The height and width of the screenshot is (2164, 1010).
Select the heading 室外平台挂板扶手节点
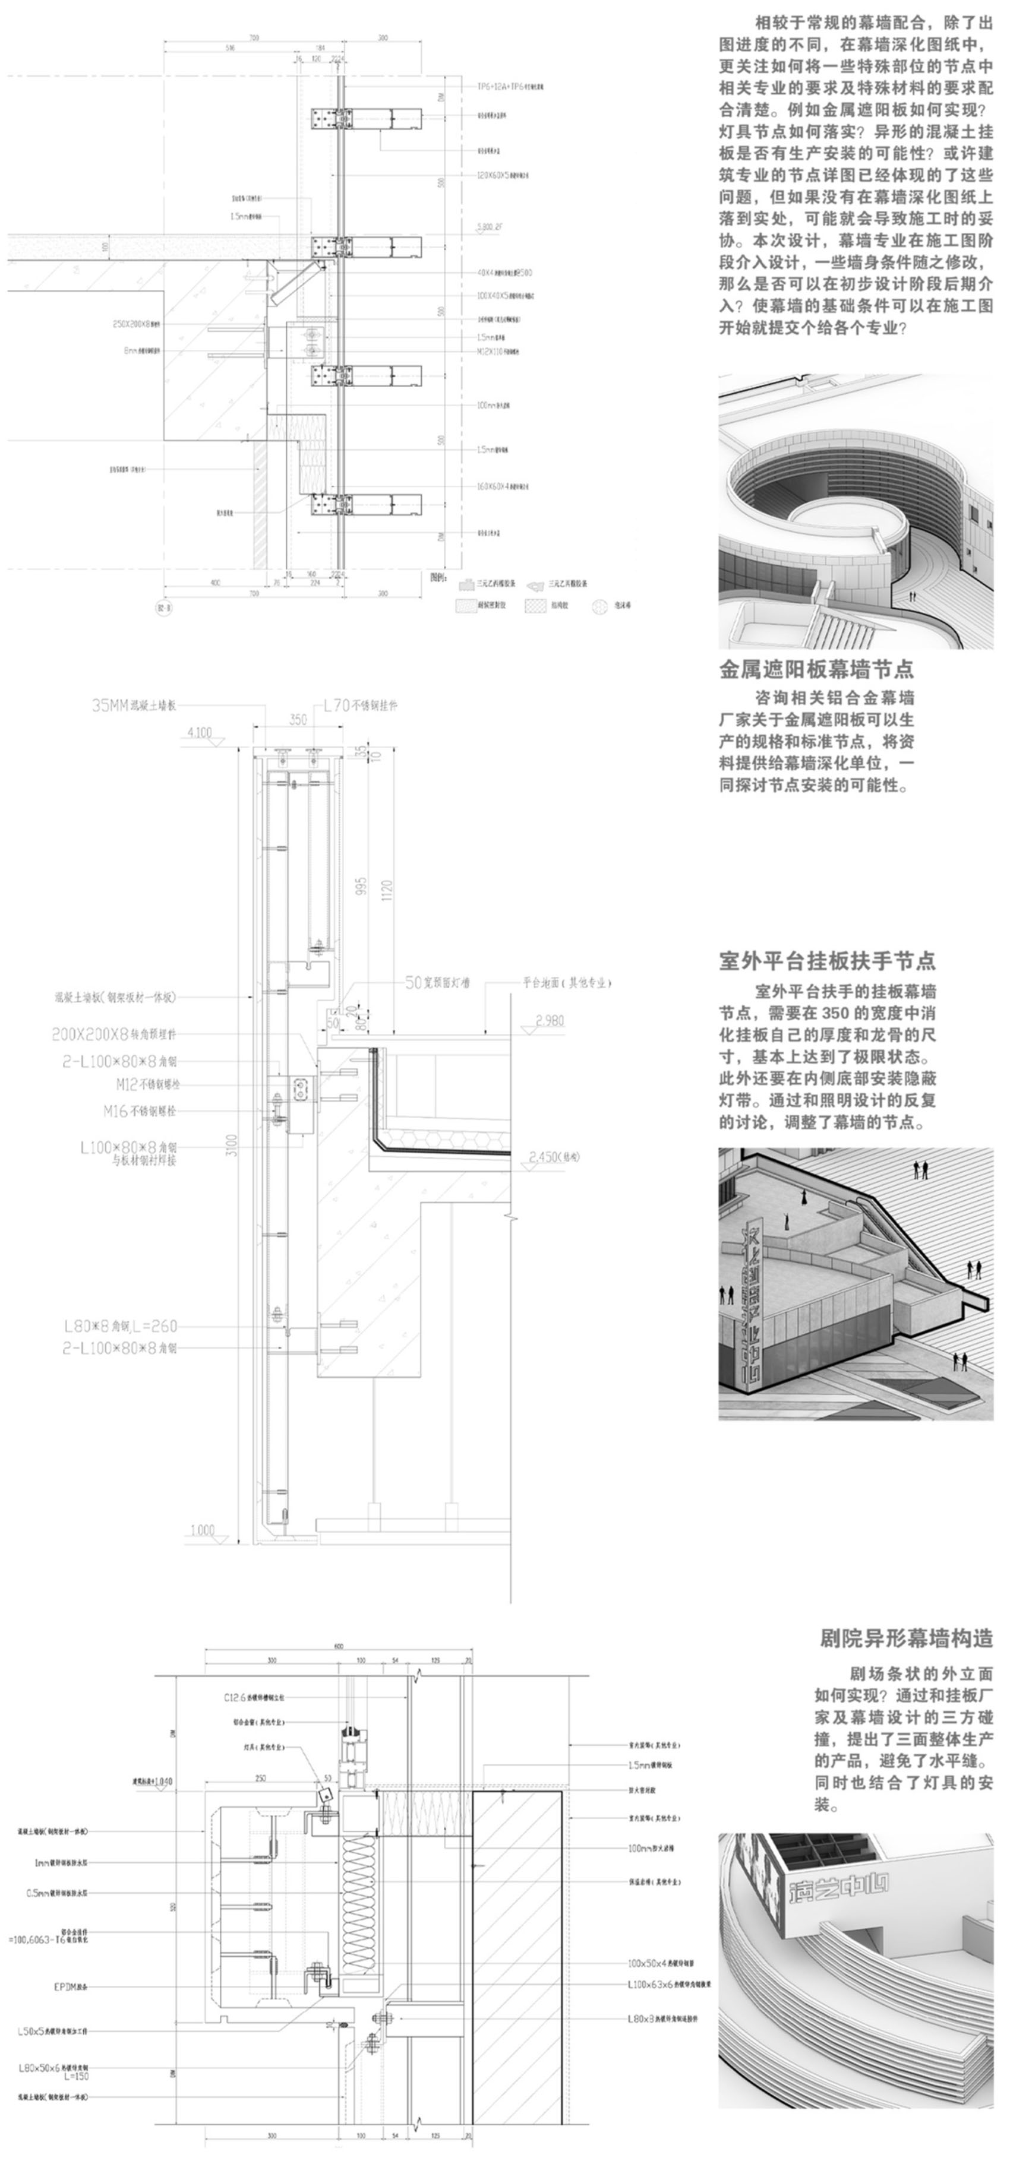pos(827,961)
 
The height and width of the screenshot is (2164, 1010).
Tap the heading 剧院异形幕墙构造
pos(906,1637)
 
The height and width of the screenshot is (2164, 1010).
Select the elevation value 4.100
pos(199,733)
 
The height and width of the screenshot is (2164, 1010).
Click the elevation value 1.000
pos(201,1530)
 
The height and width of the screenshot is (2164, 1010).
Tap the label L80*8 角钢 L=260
pos(121,1327)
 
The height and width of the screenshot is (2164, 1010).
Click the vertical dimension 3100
pos(233,1145)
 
